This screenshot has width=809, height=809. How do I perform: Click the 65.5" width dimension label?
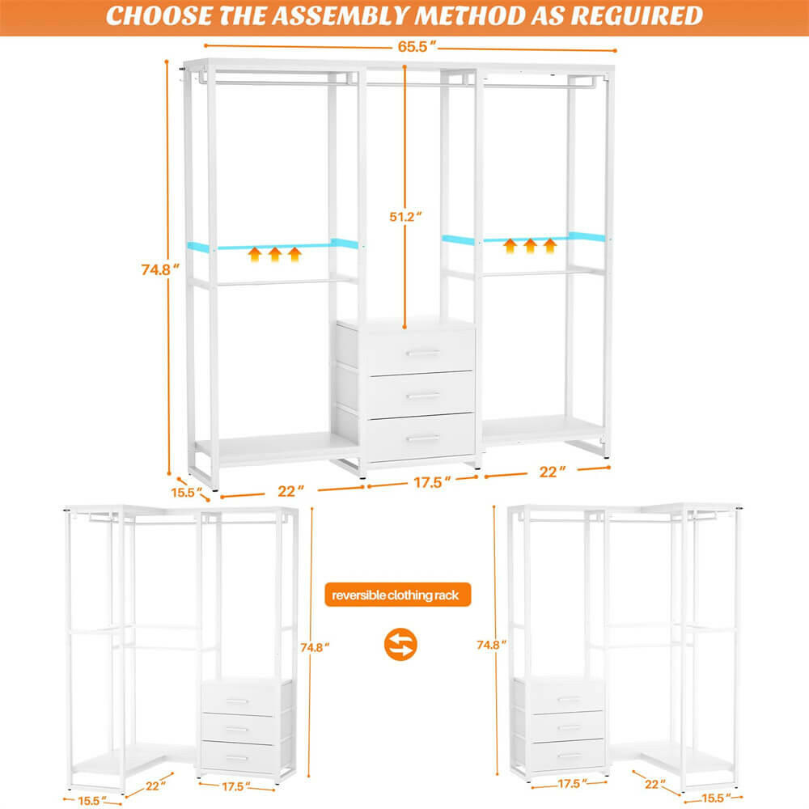coord(412,45)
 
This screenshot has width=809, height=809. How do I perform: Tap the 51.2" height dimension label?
coord(404,217)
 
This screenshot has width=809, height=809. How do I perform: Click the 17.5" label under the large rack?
coord(431,482)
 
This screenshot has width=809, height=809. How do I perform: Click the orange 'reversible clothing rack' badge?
coord(396,595)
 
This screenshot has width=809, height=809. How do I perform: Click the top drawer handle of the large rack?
coord(422,353)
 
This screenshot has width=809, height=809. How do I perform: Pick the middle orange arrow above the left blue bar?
coord(275,256)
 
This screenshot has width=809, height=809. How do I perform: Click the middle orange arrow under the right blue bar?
coord(530,245)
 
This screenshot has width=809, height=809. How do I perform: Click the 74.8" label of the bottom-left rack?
coord(314,646)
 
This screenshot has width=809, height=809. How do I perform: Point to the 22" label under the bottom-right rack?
coord(653,784)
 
